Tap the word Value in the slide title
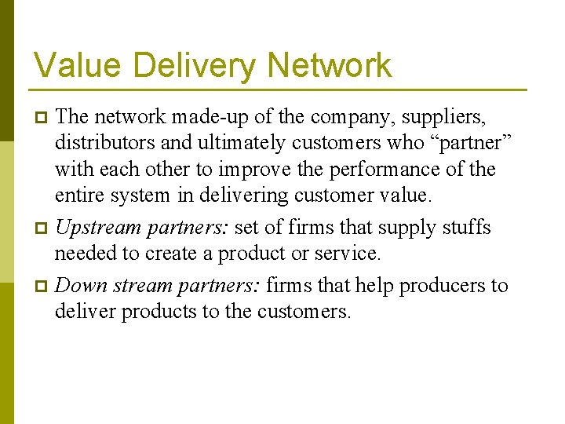coord(68,64)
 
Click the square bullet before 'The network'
coord(43,118)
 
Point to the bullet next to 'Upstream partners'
coord(43,228)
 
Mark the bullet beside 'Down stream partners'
coord(43,286)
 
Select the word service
coord(350,254)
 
